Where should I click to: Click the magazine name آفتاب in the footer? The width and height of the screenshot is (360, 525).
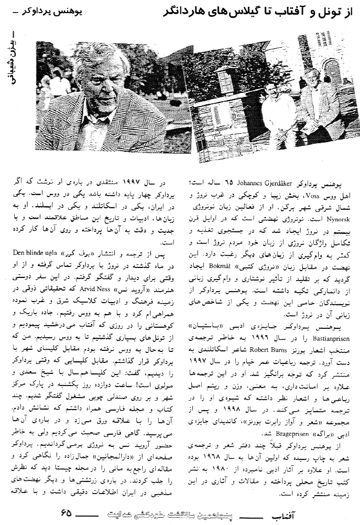tap(333, 511)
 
